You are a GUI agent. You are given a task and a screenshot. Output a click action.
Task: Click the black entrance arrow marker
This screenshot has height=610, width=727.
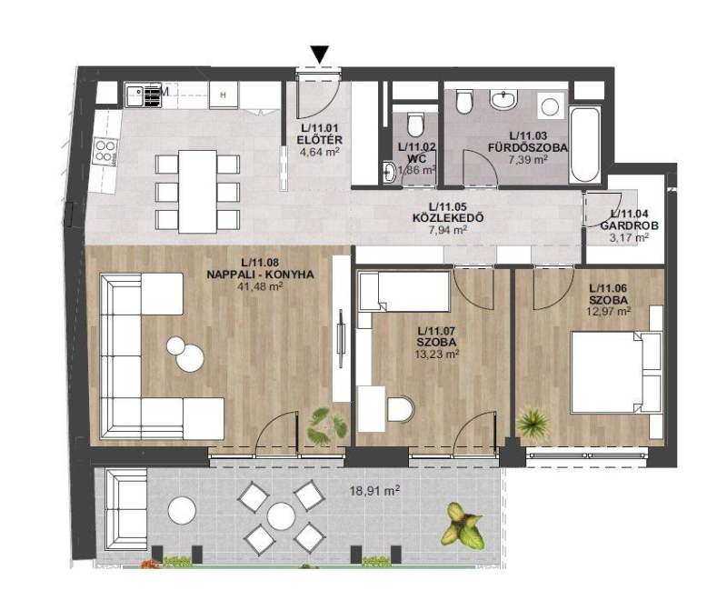[x=320, y=54]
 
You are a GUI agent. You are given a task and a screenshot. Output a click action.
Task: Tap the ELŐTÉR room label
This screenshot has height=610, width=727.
[x=321, y=140]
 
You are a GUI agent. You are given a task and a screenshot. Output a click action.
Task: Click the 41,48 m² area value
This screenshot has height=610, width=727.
[x=260, y=286]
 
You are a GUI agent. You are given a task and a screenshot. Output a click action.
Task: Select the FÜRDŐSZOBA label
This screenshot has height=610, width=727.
[x=528, y=147]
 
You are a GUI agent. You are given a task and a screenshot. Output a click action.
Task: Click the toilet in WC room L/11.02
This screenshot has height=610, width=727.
[x=414, y=125]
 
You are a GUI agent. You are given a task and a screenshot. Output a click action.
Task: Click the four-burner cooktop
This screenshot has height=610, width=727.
[x=105, y=151]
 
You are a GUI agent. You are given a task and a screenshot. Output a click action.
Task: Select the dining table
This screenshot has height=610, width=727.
[x=197, y=192]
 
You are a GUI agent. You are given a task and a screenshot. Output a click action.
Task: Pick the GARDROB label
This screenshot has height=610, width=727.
[x=629, y=225]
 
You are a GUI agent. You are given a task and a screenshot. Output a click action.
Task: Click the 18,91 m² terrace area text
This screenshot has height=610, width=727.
[x=375, y=491]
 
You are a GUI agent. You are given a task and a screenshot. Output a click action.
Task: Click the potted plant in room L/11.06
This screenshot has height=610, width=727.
[x=533, y=423]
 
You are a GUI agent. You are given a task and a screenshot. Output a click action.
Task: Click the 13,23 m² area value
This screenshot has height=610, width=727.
[x=436, y=355]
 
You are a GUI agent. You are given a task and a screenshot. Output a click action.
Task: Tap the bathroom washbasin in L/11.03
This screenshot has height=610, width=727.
[x=503, y=100]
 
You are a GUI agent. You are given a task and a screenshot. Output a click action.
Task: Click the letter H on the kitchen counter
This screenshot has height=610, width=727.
[x=223, y=95]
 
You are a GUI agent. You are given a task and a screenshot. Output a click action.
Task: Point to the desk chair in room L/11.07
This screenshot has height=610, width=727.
[x=400, y=409]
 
